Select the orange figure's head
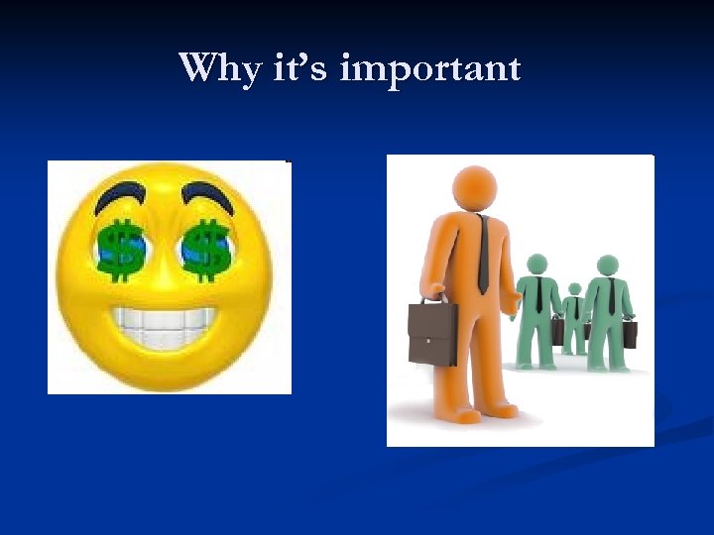pos(474,187)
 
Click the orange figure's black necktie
pos(483,252)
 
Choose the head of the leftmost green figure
pos(536,265)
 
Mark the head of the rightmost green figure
pos(607,265)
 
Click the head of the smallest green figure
pos(574,289)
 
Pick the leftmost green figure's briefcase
pos(558,332)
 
